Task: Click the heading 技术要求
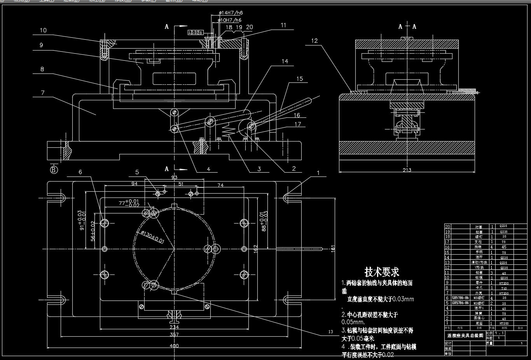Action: [x=382, y=271]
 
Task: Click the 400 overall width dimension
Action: [x=174, y=345]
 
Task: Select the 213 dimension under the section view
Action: [x=407, y=170]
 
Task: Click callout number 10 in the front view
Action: [x=43, y=30]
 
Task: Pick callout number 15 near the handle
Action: [x=299, y=79]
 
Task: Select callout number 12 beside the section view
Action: [x=314, y=40]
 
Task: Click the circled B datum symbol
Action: [x=54, y=170]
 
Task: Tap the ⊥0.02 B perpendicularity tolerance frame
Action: [x=196, y=33]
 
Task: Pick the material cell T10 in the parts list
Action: [x=503, y=288]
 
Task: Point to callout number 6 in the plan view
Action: [x=80, y=172]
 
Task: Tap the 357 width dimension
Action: [x=174, y=334]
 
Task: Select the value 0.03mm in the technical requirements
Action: [x=403, y=299]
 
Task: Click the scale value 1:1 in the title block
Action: [x=498, y=333]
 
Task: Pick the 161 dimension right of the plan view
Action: [x=333, y=249]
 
